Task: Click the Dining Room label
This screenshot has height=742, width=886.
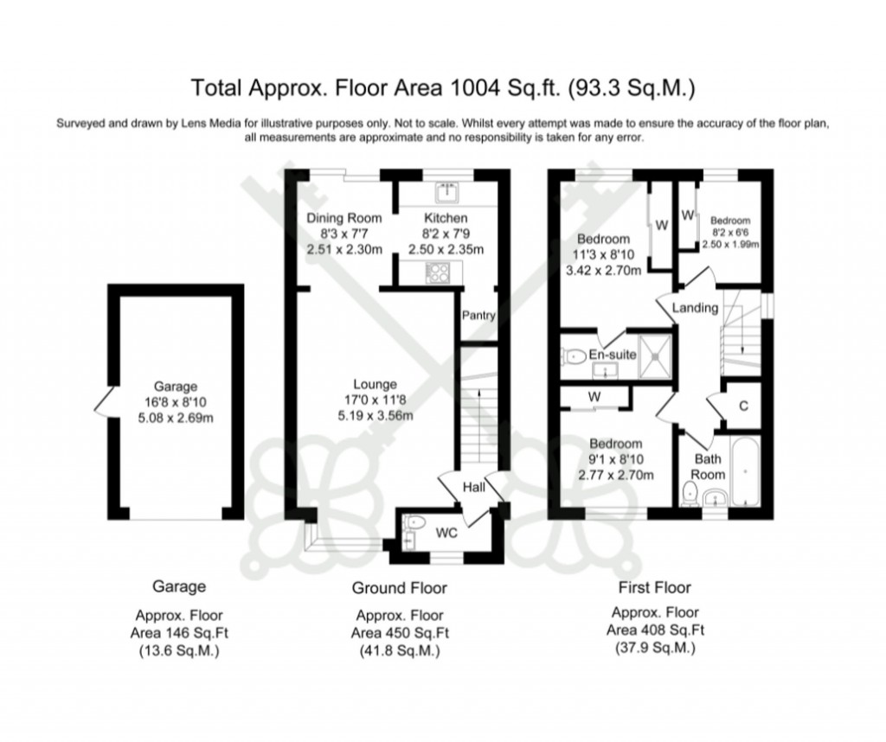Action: (x=343, y=218)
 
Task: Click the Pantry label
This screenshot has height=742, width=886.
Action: (x=478, y=316)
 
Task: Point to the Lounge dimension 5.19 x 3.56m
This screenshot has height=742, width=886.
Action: (x=374, y=415)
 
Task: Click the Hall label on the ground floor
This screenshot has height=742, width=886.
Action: (x=473, y=488)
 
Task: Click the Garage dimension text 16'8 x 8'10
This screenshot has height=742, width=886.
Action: (x=176, y=402)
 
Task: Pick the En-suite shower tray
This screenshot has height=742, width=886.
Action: (x=656, y=355)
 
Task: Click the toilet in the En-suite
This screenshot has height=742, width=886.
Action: (x=574, y=355)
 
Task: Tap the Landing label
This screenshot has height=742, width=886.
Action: (x=696, y=308)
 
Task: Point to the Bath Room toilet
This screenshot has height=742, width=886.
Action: (x=690, y=496)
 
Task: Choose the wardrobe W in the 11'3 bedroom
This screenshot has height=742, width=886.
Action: (x=660, y=227)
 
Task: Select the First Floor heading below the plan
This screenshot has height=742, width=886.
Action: (x=655, y=588)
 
